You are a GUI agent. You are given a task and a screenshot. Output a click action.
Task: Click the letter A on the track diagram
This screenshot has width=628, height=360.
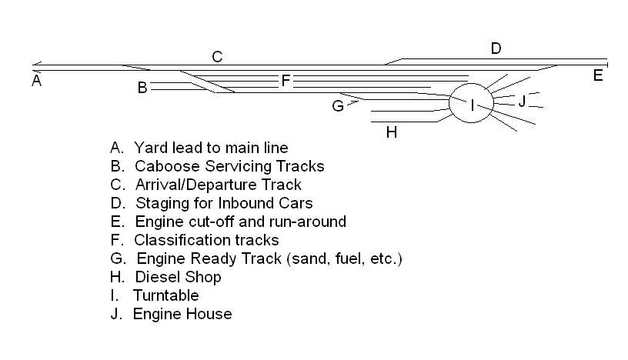(x=36, y=80)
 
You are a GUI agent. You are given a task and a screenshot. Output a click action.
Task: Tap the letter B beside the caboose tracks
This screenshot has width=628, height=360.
(x=142, y=88)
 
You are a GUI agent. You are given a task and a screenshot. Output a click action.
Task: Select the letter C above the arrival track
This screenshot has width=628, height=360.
(x=217, y=57)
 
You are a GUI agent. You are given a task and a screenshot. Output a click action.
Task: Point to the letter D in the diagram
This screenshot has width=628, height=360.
(x=496, y=49)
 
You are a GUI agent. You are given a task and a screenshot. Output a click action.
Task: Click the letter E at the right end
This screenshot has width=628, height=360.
(x=598, y=75)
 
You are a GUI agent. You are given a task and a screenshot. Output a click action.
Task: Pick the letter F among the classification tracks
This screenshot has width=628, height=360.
(x=286, y=81)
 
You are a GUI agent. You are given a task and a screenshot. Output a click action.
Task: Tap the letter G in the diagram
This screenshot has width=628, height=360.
(x=338, y=106)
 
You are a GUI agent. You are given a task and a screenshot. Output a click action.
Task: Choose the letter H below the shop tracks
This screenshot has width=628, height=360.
(x=392, y=132)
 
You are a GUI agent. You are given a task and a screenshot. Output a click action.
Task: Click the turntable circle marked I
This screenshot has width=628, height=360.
(x=472, y=105)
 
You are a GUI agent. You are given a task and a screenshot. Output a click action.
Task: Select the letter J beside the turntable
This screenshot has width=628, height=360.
(x=522, y=101)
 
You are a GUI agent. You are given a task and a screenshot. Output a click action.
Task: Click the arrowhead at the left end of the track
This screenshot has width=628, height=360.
(x=35, y=66)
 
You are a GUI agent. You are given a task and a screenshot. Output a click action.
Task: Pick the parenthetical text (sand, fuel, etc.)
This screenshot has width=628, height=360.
(x=344, y=258)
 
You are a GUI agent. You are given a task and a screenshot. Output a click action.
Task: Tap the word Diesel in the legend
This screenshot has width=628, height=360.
(x=155, y=277)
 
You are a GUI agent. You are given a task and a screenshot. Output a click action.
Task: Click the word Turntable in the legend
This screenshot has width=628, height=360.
(x=166, y=295)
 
